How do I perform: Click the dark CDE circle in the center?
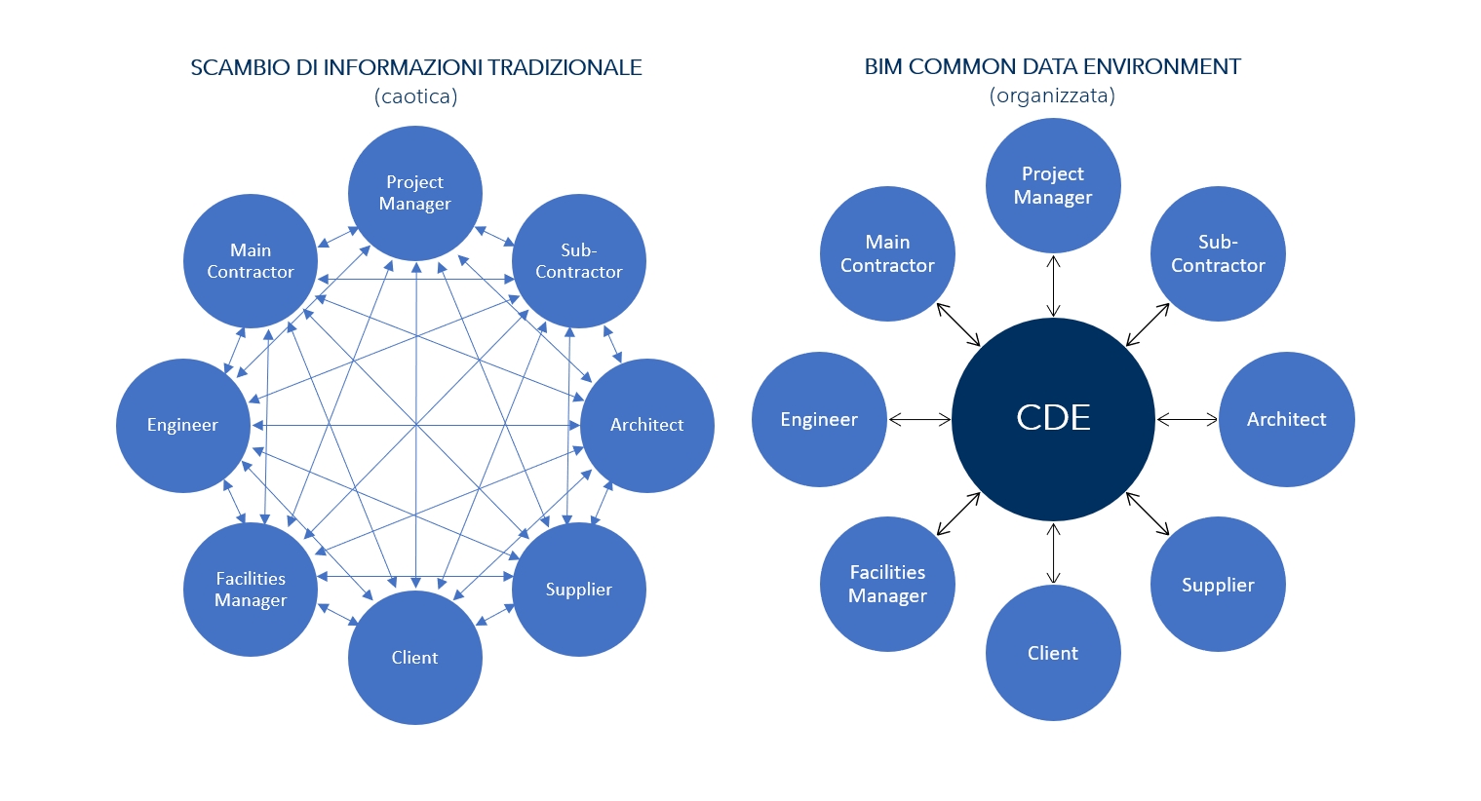tap(1053, 419)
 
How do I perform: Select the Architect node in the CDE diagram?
tap(1286, 419)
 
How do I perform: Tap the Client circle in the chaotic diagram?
tap(414, 658)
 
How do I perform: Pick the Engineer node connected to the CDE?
tap(819, 419)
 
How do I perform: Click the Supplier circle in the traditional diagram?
tap(578, 590)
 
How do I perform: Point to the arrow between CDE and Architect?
tap(1187, 420)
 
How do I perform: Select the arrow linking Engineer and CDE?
tap(919, 420)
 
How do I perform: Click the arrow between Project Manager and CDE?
tap(1053, 286)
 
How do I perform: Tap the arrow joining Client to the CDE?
tap(1053, 553)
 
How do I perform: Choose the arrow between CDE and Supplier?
tap(1148, 514)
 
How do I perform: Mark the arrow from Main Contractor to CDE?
tap(958, 324)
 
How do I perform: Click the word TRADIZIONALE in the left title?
tap(565, 67)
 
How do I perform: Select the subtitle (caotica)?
tap(415, 95)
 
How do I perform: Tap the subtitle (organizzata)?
tap(1052, 95)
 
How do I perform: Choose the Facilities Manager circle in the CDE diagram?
tap(887, 584)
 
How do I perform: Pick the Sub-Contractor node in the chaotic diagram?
tap(578, 261)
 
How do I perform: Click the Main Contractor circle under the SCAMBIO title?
tap(251, 261)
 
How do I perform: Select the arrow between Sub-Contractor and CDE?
tap(1148, 324)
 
